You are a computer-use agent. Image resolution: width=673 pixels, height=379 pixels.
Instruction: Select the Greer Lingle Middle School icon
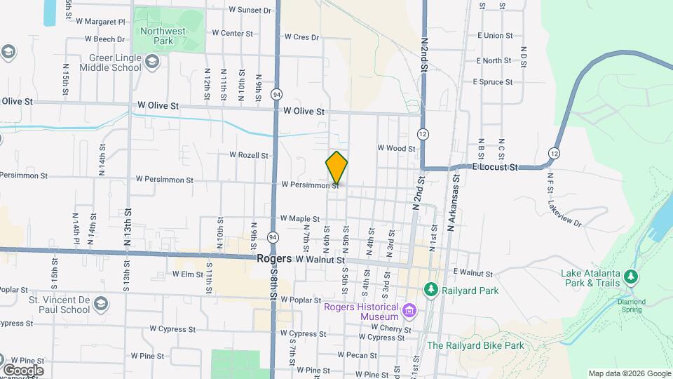[152, 63]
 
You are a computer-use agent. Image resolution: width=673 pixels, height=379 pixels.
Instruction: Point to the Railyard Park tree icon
[430, 289]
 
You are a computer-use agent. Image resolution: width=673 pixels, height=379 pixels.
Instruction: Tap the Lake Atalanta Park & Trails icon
[632, 277]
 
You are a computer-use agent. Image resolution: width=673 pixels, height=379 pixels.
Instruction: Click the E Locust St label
[494, 168]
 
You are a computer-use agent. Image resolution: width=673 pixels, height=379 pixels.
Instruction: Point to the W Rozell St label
[249, 155]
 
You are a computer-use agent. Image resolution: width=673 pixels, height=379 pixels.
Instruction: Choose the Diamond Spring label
[631, 306]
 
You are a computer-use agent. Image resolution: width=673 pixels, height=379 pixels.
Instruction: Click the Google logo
[22, 370]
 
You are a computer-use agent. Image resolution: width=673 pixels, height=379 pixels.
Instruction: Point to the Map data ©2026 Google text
[629, 373]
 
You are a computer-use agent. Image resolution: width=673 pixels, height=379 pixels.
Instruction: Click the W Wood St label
[396, 148]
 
